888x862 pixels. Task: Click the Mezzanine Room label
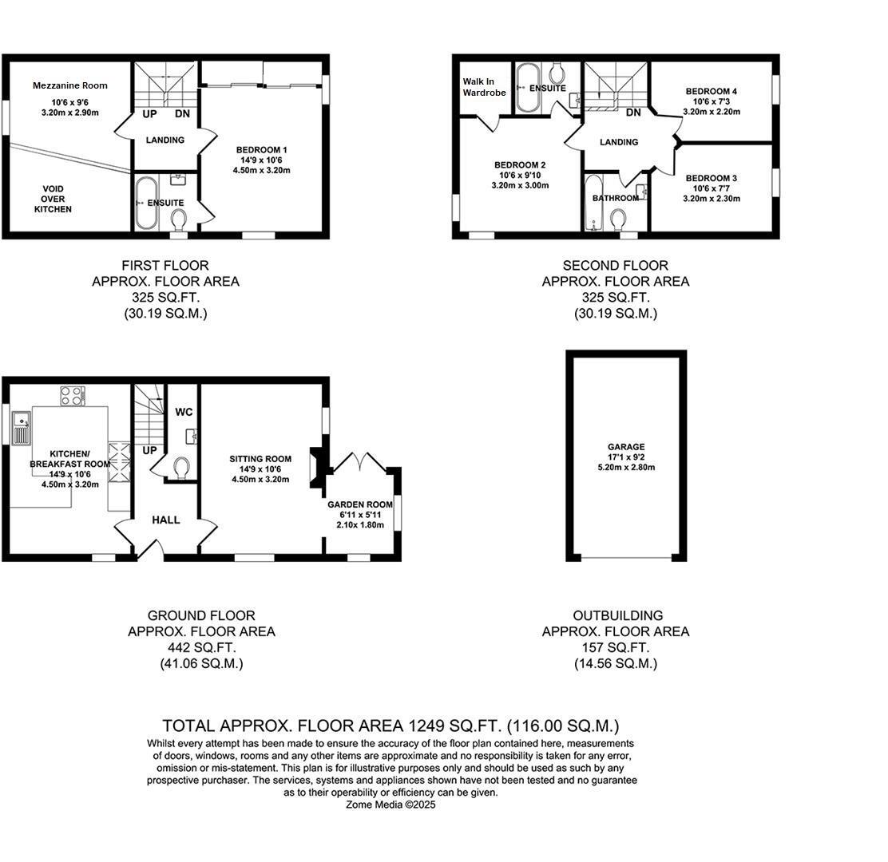point(69,85)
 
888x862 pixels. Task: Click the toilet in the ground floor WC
point(181,466)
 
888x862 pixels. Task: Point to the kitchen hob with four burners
point(72,396)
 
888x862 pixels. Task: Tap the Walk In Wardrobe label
point(484,87)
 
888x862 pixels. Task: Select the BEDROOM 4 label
point(711,91)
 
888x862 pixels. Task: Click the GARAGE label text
point(626,447)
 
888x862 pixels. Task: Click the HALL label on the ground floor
point(166,520)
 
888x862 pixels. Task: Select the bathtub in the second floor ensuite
point(528,88)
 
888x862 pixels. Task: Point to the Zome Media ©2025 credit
point(390,805)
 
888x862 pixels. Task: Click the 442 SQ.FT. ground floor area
point(201,647)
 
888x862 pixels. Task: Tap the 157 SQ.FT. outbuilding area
point(615,647)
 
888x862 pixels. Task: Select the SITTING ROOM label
point(260,459)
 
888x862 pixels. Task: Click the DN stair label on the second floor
point(633,113)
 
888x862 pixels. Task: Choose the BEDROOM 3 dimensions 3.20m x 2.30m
point(711,199)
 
